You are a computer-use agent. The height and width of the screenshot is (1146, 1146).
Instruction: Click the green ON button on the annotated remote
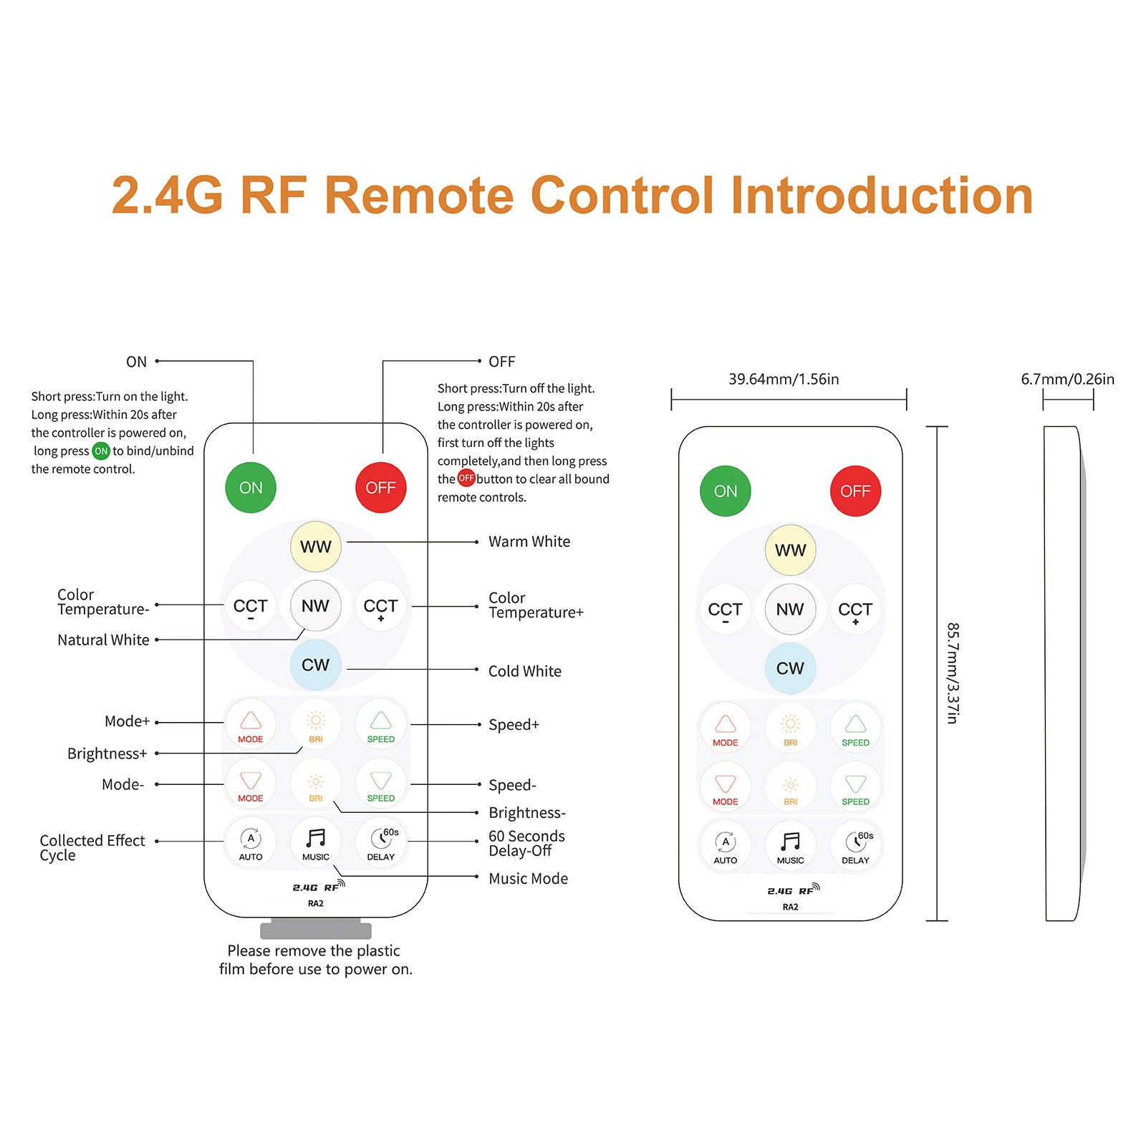tap(251, 488)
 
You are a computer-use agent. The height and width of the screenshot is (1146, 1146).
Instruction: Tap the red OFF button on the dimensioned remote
tap(855, 491)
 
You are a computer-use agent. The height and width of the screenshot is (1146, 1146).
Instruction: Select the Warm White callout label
tap(529, 541)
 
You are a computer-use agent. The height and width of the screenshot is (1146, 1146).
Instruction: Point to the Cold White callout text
tap(524, 671)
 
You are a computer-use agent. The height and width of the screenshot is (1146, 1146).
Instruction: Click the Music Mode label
tap(528, 878)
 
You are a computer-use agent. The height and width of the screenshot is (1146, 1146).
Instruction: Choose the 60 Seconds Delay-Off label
tap(526, 843)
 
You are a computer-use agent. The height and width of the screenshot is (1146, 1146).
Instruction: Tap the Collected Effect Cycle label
tap(92, 847)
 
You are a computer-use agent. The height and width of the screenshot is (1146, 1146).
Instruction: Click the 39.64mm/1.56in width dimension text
tap(784, 379)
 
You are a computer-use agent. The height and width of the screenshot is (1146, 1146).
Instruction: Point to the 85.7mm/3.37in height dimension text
tap(953, 673)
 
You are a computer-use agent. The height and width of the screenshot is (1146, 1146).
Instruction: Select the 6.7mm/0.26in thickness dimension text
tap(1067, 379)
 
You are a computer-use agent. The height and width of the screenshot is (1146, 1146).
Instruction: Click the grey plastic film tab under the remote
tap(315, 930)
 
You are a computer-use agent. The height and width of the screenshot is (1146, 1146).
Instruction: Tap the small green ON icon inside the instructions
tap(101, 451)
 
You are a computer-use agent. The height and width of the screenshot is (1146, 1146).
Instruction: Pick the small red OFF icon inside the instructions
tap(466, 478)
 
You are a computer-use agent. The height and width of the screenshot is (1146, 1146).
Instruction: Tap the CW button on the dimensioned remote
tap(790, 668)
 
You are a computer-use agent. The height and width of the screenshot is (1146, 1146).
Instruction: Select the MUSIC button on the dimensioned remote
tap(790, 847)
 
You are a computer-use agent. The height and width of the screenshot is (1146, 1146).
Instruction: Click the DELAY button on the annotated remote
tap(380, 843)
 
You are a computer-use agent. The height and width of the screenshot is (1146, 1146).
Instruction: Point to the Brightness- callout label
tap(527, 812)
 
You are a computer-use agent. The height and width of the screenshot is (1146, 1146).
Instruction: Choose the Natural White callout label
tap(103, 640)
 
